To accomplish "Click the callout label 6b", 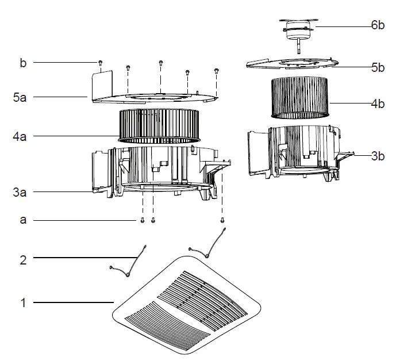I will pyautogui.click(x=378, y=26).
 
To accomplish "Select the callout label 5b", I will pyautogui.click(x=378, y=67).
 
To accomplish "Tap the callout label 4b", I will pyautogui.click(x=378, y=104).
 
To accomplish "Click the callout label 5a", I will pyautogui.click(x=20, y=98).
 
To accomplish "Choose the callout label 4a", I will pyautogui.click(x=20, y=137).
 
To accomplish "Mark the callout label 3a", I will pyautogui.click(x=20, y=193).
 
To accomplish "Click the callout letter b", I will pyautogui.click(x=23, y=62).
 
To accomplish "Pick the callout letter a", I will pyautogui.click(x=23, y=220).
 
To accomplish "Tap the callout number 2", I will pyautogui.click(x=23, y=259).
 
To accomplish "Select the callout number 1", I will pyautogui.click(x=23, y=302).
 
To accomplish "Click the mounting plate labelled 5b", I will pyautogui.click(x=293, y=63).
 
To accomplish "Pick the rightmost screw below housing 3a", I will pyautogui.click(x=222, y=219).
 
